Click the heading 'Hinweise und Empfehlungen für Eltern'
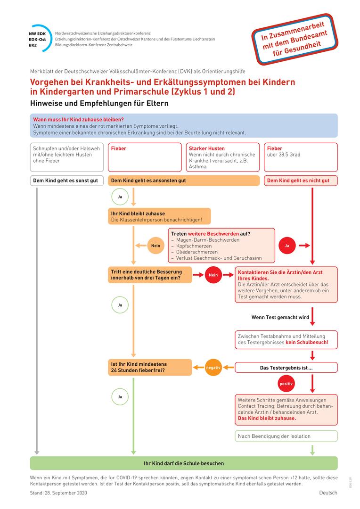[99, 103]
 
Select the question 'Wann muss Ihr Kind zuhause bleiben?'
[78, 120]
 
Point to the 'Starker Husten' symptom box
[223, 157]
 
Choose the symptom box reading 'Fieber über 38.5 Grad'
[300, 157]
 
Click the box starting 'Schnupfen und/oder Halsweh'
[66, 157]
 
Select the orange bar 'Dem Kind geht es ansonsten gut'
[184, 181]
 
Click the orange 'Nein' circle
[155, 246]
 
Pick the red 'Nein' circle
[213, 275]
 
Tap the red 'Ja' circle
[286, 246]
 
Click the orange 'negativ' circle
[213, 367]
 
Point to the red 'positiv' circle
[286, 384]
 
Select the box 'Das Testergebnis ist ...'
[286, 368]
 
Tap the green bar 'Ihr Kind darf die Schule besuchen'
[184, 463]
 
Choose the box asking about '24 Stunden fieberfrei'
[150, 367]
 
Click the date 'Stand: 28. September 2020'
[58, 493]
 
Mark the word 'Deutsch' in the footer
[328, 493]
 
